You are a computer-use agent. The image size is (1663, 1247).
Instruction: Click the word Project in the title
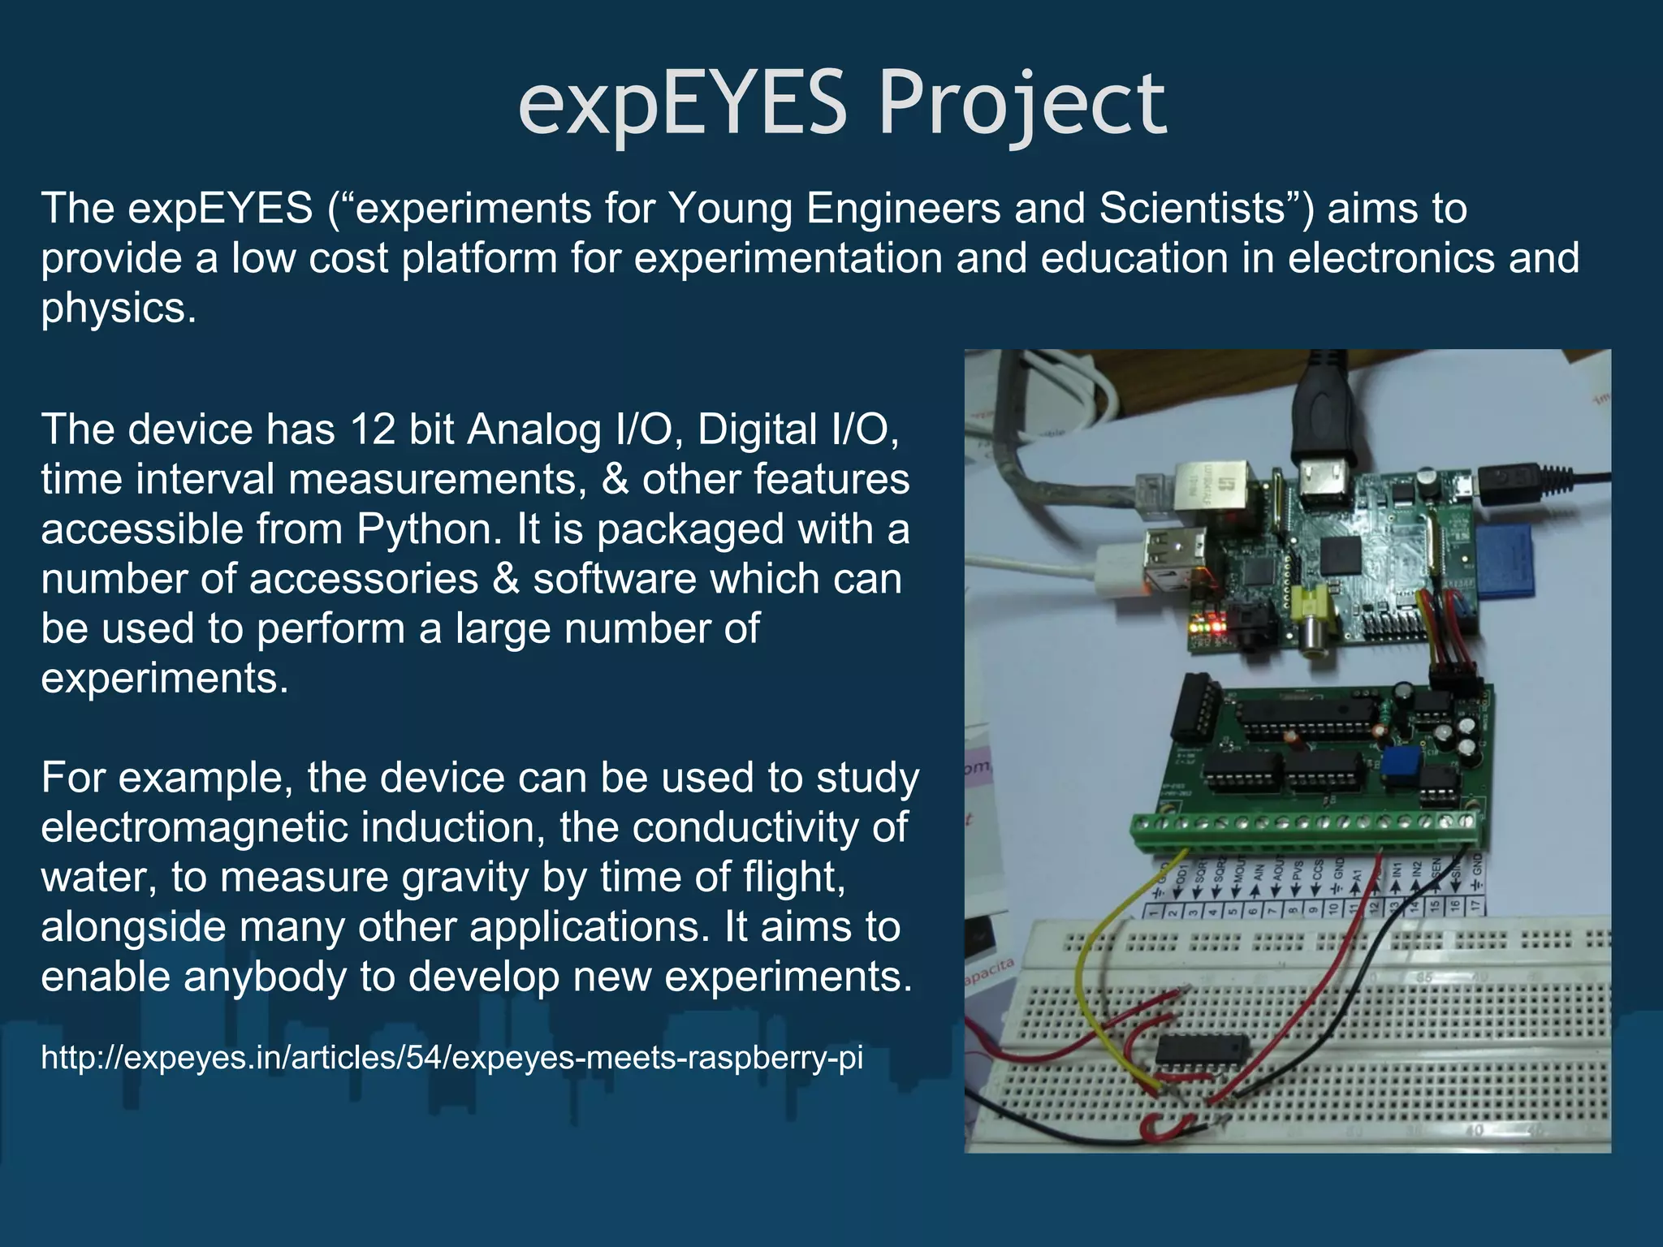[1022, 104]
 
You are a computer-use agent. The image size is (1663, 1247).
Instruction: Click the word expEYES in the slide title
[682, 104]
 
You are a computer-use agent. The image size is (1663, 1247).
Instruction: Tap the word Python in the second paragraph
[423, 529]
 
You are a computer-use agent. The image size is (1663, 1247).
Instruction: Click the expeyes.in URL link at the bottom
[451, 1058]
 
